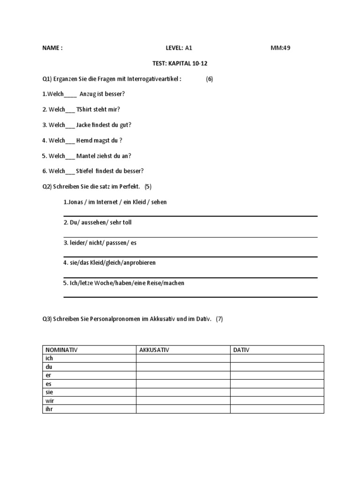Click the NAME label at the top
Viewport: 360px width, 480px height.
[x=52, y=48]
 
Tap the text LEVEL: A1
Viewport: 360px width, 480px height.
[x=179, y=48]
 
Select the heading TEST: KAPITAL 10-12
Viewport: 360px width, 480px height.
[x=180, y=63]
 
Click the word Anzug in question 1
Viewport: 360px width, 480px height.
[x=89, y=94]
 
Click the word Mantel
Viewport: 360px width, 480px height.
[x=87, y=156]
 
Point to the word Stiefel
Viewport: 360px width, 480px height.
[x=85, y=171]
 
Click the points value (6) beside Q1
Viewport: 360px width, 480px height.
[x=209, y=79]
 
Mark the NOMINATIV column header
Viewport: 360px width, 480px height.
[x=61, y=350]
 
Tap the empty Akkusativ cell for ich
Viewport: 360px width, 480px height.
[x=183, y=359]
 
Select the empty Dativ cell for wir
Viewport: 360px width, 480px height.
[x=277, y=400]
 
